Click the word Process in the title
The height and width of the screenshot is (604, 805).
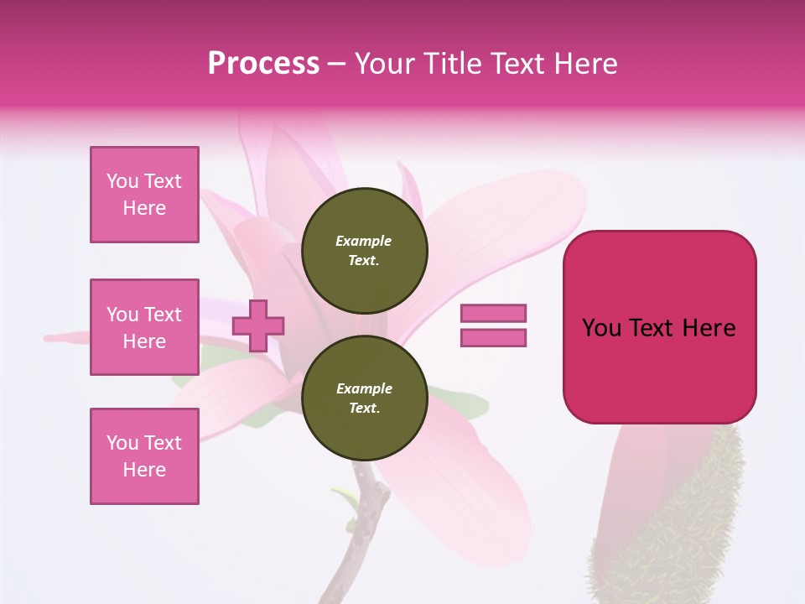pyautogui.click(x=263, y=64)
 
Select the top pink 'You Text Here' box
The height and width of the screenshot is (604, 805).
pyautogui.click(x=144, y=195)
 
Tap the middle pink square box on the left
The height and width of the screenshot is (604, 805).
pyautogui.click(x=144, y=327)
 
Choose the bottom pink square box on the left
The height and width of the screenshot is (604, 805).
pyautogui.click(x=144, y=456)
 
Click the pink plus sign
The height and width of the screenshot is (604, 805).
pyautogui.click(x=258, y=325)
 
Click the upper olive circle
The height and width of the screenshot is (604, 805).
pyautogui.click(x=364, y=251)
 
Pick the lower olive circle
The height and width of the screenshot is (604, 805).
pyautogui.click(x=364, y=398)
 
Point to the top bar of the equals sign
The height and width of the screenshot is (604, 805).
pyautogui.click(x=493, y=314)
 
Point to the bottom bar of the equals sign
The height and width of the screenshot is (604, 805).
pyautogui.click(x=493, y=338)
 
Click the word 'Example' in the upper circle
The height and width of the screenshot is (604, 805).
pyautogui.click(x=364, y=241)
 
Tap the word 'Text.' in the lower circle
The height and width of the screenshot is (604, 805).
pyautogui.click(x=364, y=409)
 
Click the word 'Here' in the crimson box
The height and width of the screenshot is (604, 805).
pyautogui.click(x=709, y=328)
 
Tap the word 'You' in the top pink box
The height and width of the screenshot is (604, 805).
pyautogui.click(x=122, y=181)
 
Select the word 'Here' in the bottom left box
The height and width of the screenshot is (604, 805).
pyautogui.click(x=144, y=470)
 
